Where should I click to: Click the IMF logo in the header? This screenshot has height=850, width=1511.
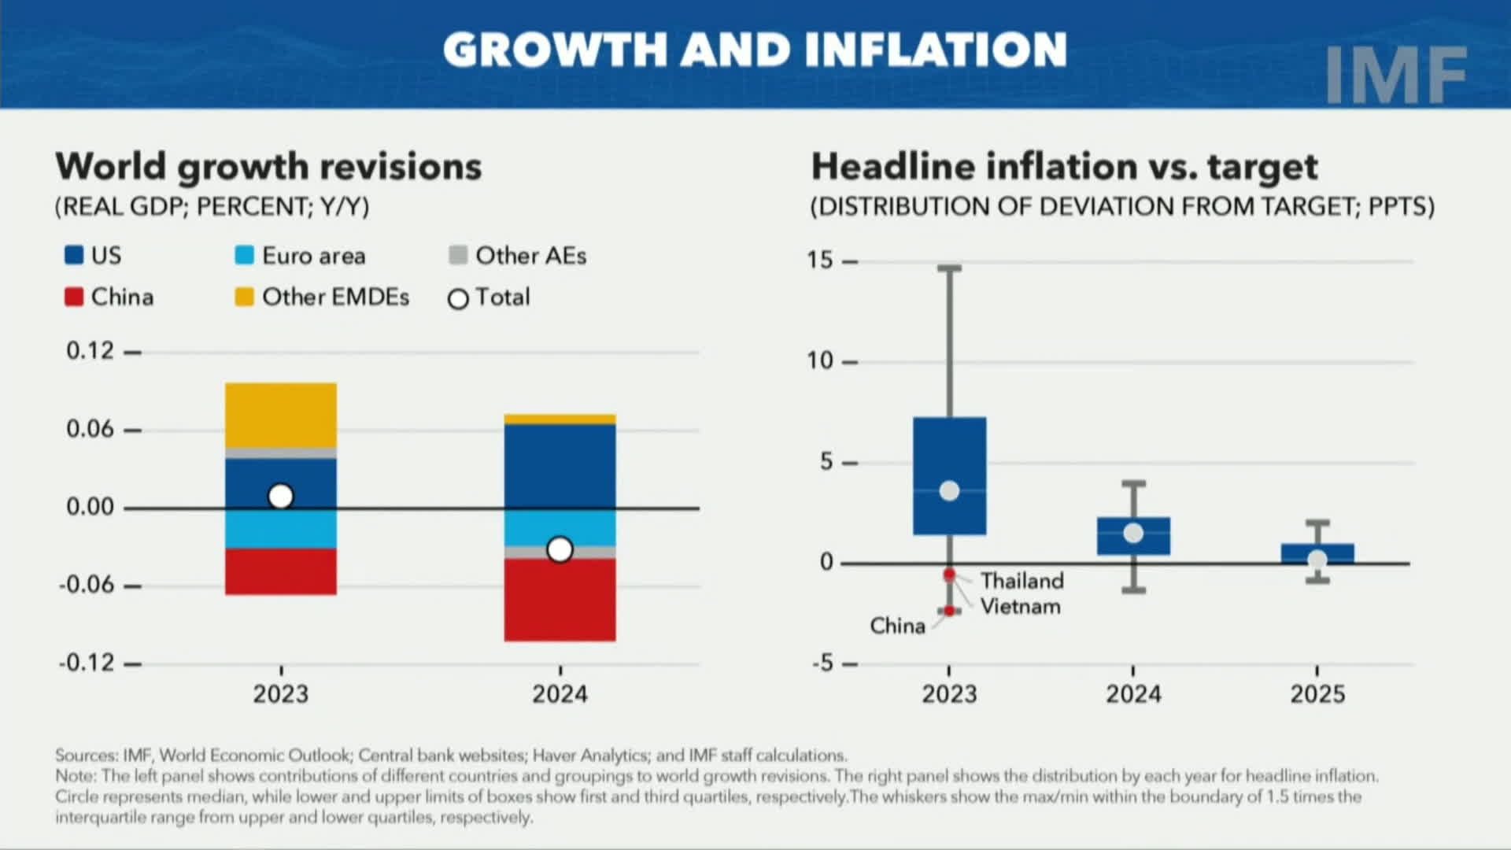(x=1395, y=75)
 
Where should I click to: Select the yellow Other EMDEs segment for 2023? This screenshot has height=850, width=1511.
(x=281, y=415)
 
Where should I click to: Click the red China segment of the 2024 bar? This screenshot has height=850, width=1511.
(x=560, y=600)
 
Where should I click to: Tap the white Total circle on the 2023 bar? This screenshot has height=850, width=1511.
(x=281, y=497)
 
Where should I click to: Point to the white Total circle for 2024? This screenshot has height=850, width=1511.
(x=560, y=549)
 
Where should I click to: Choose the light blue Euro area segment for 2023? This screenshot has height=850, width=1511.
(x=281, y=528)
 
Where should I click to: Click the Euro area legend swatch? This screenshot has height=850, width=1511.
(x=244, y=255)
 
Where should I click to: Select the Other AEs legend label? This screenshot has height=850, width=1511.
(x=530, y=256)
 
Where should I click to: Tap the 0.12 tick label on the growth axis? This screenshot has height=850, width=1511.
(x=90, y=351)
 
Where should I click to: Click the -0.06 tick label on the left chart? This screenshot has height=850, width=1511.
(x=87, y=585)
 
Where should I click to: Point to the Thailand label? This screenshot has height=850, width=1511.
(x=1021, y=581)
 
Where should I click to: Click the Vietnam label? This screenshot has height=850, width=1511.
(x=1020, y=607)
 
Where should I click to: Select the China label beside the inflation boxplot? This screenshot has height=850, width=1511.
(x=897, y=626)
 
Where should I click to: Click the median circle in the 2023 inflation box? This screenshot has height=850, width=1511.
(x=950, y=491)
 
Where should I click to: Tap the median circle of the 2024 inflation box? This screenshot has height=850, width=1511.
(x=1133, y=533)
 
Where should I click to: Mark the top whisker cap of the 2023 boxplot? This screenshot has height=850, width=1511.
(x=949, y=268)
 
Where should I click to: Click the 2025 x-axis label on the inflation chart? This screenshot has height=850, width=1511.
(x=1317, y=694)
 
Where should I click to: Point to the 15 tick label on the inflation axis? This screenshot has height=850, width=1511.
(x=819, y=260)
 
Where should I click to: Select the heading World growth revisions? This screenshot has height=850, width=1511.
(x=268, y=167)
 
